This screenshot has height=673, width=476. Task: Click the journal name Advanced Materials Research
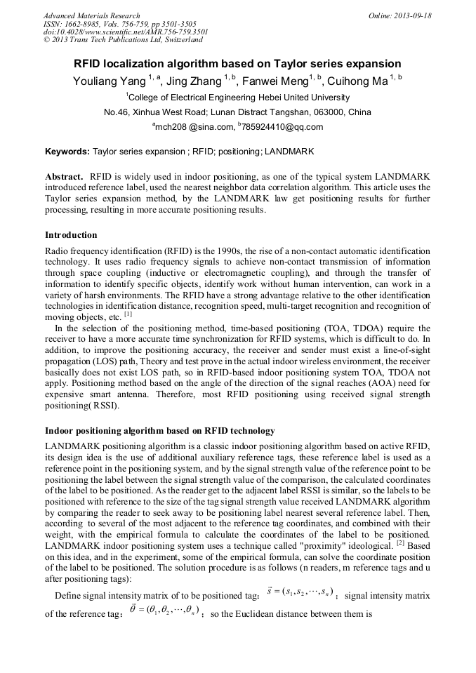click(x=91, y=15)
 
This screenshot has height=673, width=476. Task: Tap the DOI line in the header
click(x=125, y=32)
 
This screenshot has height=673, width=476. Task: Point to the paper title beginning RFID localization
click(x=237, y=63)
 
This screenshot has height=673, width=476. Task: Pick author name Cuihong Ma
click(x=359, y=81)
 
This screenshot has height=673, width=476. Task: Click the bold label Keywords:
click(x=67, y=151)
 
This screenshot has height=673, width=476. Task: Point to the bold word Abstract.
click(x=64, y=175)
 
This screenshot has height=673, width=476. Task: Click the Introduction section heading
click(x=71, y=234)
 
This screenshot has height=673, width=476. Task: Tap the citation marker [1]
click(x=128, y=313)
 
